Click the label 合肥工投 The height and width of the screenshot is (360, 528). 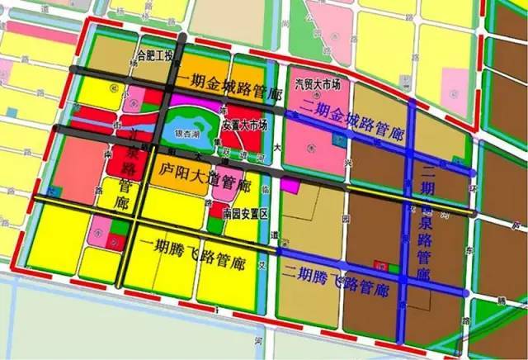(x=156, y=57)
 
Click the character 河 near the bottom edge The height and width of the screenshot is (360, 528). (x=259, y=339)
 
